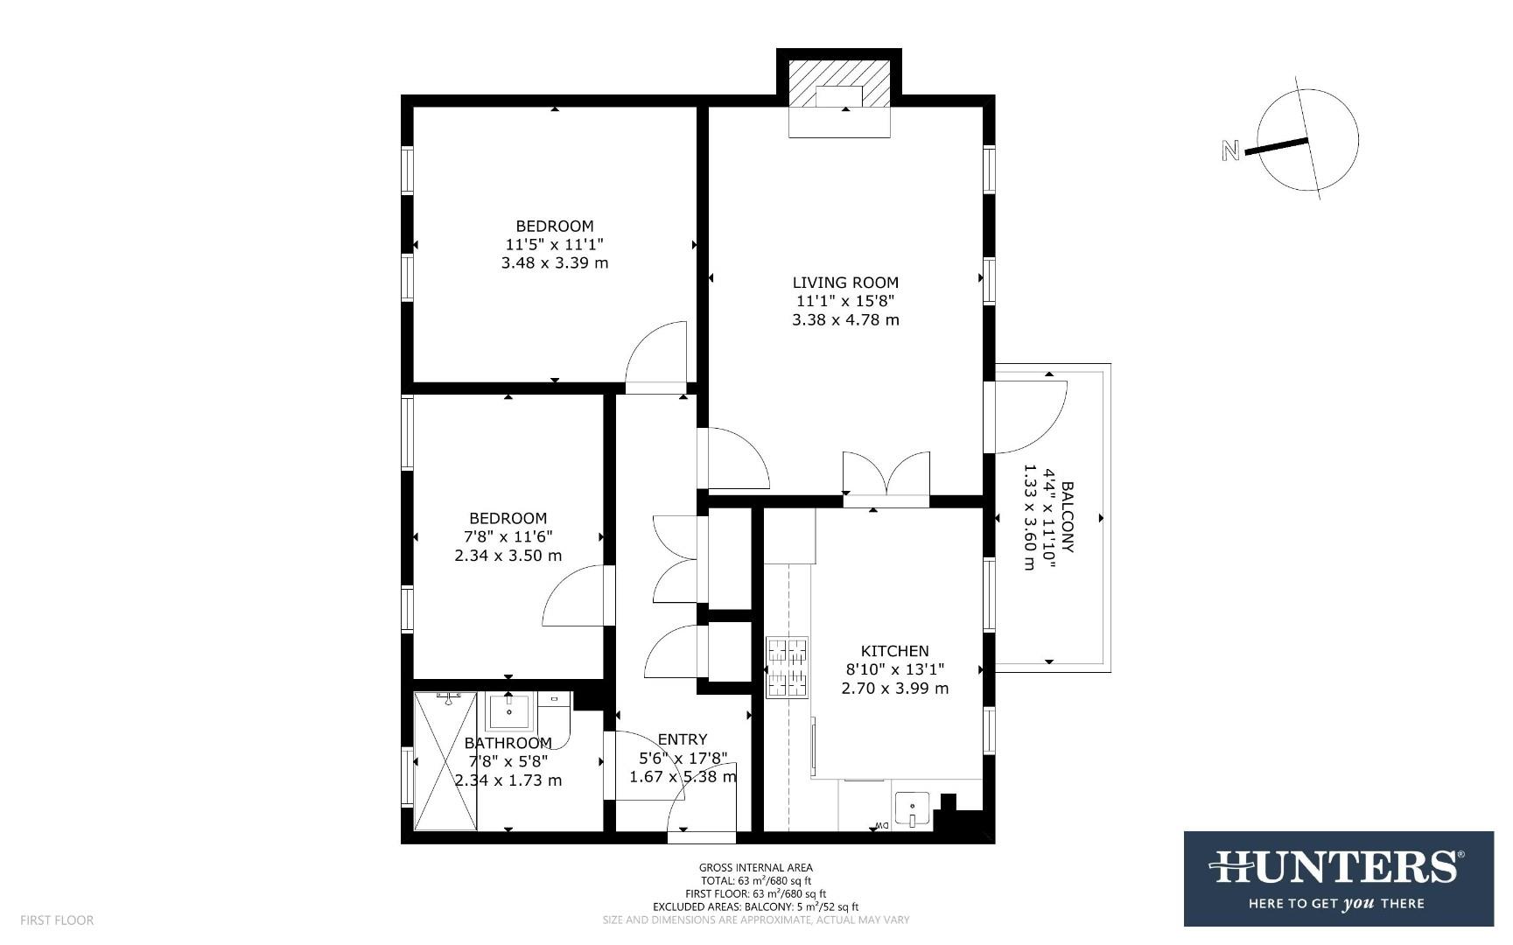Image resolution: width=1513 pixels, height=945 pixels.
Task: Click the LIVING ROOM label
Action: [845, 283]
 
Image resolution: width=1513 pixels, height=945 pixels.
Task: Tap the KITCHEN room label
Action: [894, 651]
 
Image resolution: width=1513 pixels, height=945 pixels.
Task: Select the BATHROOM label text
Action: [508, 743]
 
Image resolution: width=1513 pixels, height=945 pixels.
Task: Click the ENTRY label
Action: [683, 739]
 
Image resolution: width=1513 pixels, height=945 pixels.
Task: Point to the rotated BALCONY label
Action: [1067, 516]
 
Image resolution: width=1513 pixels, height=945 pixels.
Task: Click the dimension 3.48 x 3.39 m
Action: [555, 262]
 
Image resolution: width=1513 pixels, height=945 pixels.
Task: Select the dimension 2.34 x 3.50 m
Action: [508, 556]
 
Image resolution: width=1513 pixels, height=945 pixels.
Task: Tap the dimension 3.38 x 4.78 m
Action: [845, 320]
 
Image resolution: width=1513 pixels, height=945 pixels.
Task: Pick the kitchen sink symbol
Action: [912, 808]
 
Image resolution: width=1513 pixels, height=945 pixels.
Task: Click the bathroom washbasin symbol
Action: [509, 711]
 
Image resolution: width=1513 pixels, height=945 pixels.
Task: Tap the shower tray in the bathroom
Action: [445, 760]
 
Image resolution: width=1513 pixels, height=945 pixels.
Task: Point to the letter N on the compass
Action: [1230, 150]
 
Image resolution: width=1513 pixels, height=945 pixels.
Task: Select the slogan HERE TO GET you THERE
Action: [1337, 903]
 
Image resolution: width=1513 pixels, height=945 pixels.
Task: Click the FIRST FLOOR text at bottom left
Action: [57, 920]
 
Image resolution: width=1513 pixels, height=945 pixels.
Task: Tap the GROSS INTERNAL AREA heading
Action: [756, 868]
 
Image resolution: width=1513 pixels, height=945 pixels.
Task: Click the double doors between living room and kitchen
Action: [886, 477]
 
